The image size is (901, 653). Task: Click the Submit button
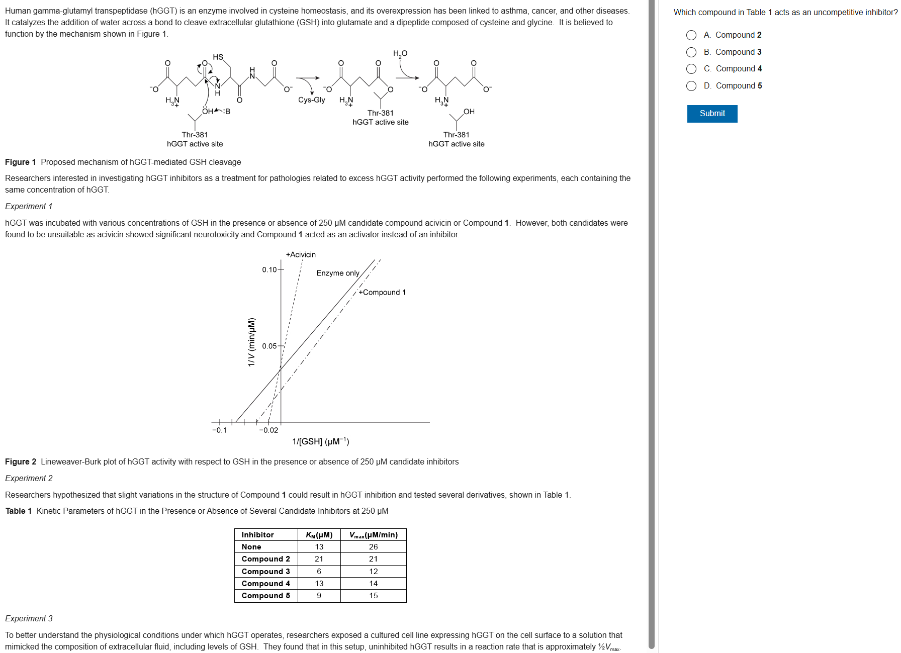click(712, 114)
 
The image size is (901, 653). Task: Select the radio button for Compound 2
click(691, 35)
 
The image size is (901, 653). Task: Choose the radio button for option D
click(691, 86)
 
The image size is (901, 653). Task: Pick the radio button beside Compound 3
click(691, 52)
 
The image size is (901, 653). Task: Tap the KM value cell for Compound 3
click(319, 572)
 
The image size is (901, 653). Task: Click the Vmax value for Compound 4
click(373, 584)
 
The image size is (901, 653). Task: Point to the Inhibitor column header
click(257, 535)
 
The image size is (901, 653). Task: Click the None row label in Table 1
click(251, 547)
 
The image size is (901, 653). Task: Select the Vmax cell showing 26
click(373, 547)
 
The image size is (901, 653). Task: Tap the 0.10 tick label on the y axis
click(269, 270)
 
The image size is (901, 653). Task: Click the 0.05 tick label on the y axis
click(269, 346)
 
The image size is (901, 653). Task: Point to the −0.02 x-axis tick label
click(268, 430)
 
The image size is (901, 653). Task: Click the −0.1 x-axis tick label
click(219, 430)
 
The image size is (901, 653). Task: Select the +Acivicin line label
click(301, 255)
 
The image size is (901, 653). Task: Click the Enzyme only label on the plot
click(338, 273)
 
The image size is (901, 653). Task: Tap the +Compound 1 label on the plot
click(382, 293)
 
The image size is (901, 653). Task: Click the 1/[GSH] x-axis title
click(321, 441)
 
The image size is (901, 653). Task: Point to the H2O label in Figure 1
click(400, 54)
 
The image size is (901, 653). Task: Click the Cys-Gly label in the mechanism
click(311, 100)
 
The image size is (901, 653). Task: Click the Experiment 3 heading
click(29, 619)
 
